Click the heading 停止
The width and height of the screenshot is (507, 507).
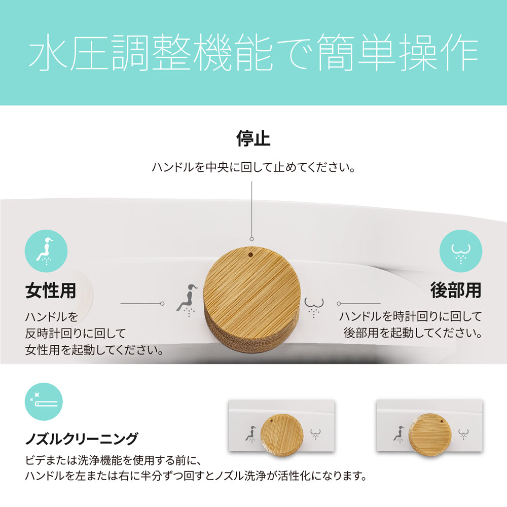coord(253,138)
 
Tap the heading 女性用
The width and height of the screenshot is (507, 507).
coord(51,291)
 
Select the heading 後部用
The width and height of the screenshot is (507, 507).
coord(456,290)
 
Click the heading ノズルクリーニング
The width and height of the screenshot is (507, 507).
coord(82,439)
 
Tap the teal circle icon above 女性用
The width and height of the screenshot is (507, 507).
coord(46,251)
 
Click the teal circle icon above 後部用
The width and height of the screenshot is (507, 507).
coord(461,251)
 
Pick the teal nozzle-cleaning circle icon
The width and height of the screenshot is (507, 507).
coord(44,402)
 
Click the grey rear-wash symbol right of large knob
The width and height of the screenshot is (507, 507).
coord(314,307)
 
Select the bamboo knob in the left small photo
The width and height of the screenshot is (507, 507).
coord(282,435)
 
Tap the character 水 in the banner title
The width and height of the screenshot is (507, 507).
coord(49,52)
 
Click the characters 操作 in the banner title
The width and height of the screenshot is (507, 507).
coord(439,52)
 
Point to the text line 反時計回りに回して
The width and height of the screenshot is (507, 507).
coord(76,334)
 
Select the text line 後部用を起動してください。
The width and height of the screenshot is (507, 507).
coord(413,333)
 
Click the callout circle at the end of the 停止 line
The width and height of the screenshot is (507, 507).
coord(251,239)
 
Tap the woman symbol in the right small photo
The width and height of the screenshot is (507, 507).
coord(399,434)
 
